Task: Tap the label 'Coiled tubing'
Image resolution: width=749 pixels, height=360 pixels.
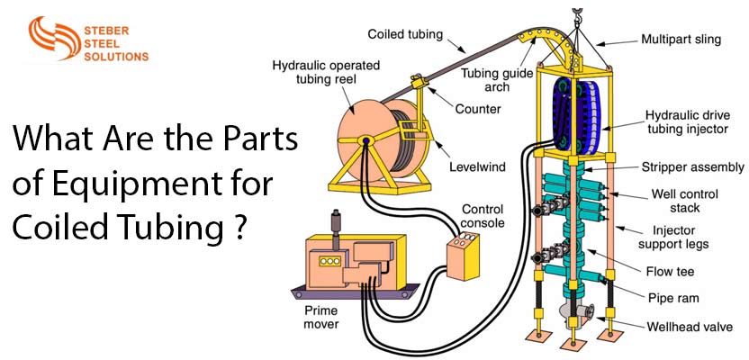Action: click(404, 33)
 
